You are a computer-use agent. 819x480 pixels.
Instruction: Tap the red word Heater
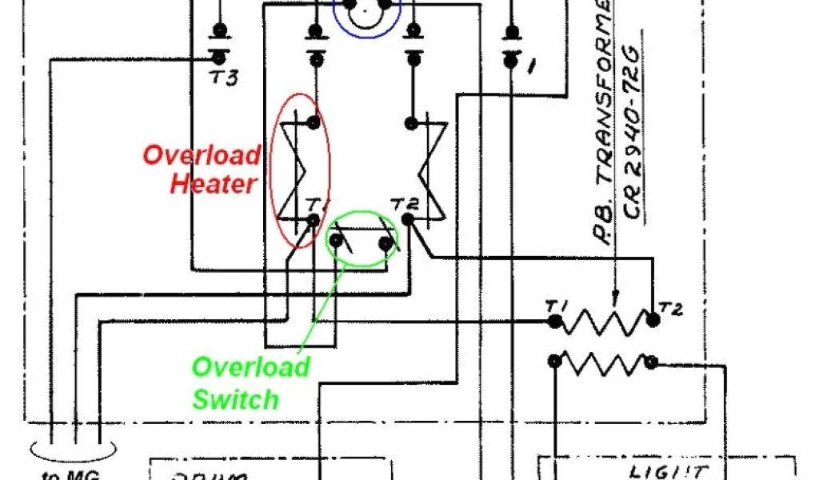pos(213,183)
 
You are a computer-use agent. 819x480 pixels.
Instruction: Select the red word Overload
pos(202,154)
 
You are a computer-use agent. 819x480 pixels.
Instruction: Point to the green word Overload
pos(250,366)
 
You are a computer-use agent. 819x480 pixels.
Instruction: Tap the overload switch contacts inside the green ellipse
pos(364,241)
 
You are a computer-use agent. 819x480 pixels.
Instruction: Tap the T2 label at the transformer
pos(669,308)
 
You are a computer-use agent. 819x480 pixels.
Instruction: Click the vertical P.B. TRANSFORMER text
pos(605,120)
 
